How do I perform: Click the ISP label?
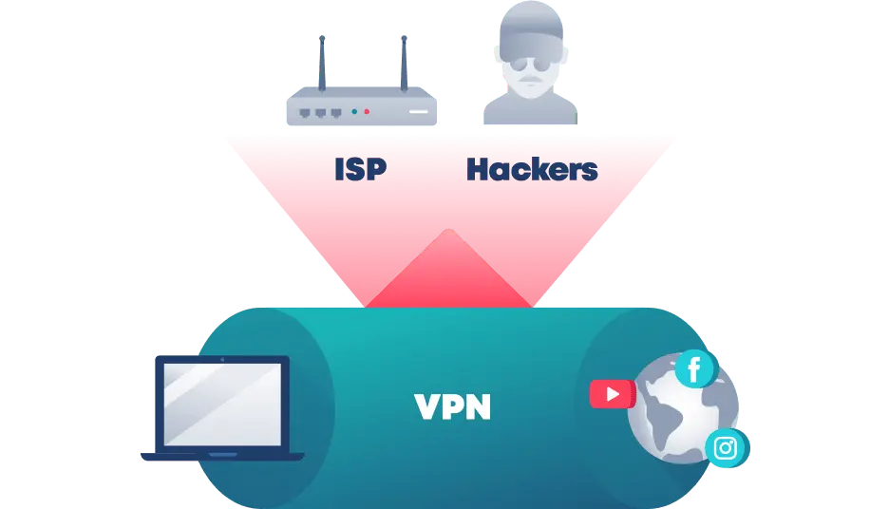(x=361, y=169)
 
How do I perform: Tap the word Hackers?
(x=532, y=169)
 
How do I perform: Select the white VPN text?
(x=452, y=406)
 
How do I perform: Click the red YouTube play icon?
(x=613, y=394)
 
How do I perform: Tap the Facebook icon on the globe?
(x=695, y=369)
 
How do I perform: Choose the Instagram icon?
(x=727, y=448)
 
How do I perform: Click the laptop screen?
(x=222, y=405)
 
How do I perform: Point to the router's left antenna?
(x=322, y=63)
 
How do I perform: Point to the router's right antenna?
(x=404, y=63)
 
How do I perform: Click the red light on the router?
(x=367, y=112)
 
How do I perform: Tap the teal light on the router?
(x=354, y=112)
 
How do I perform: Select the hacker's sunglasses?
(x=530, y=64)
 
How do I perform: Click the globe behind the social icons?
(x=683, y=408)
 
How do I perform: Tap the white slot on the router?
(x=419, y=112)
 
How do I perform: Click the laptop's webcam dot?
(x=222, y=359)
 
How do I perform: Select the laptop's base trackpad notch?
(x=223, y=455)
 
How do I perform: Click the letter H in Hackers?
(x=479, y=169)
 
